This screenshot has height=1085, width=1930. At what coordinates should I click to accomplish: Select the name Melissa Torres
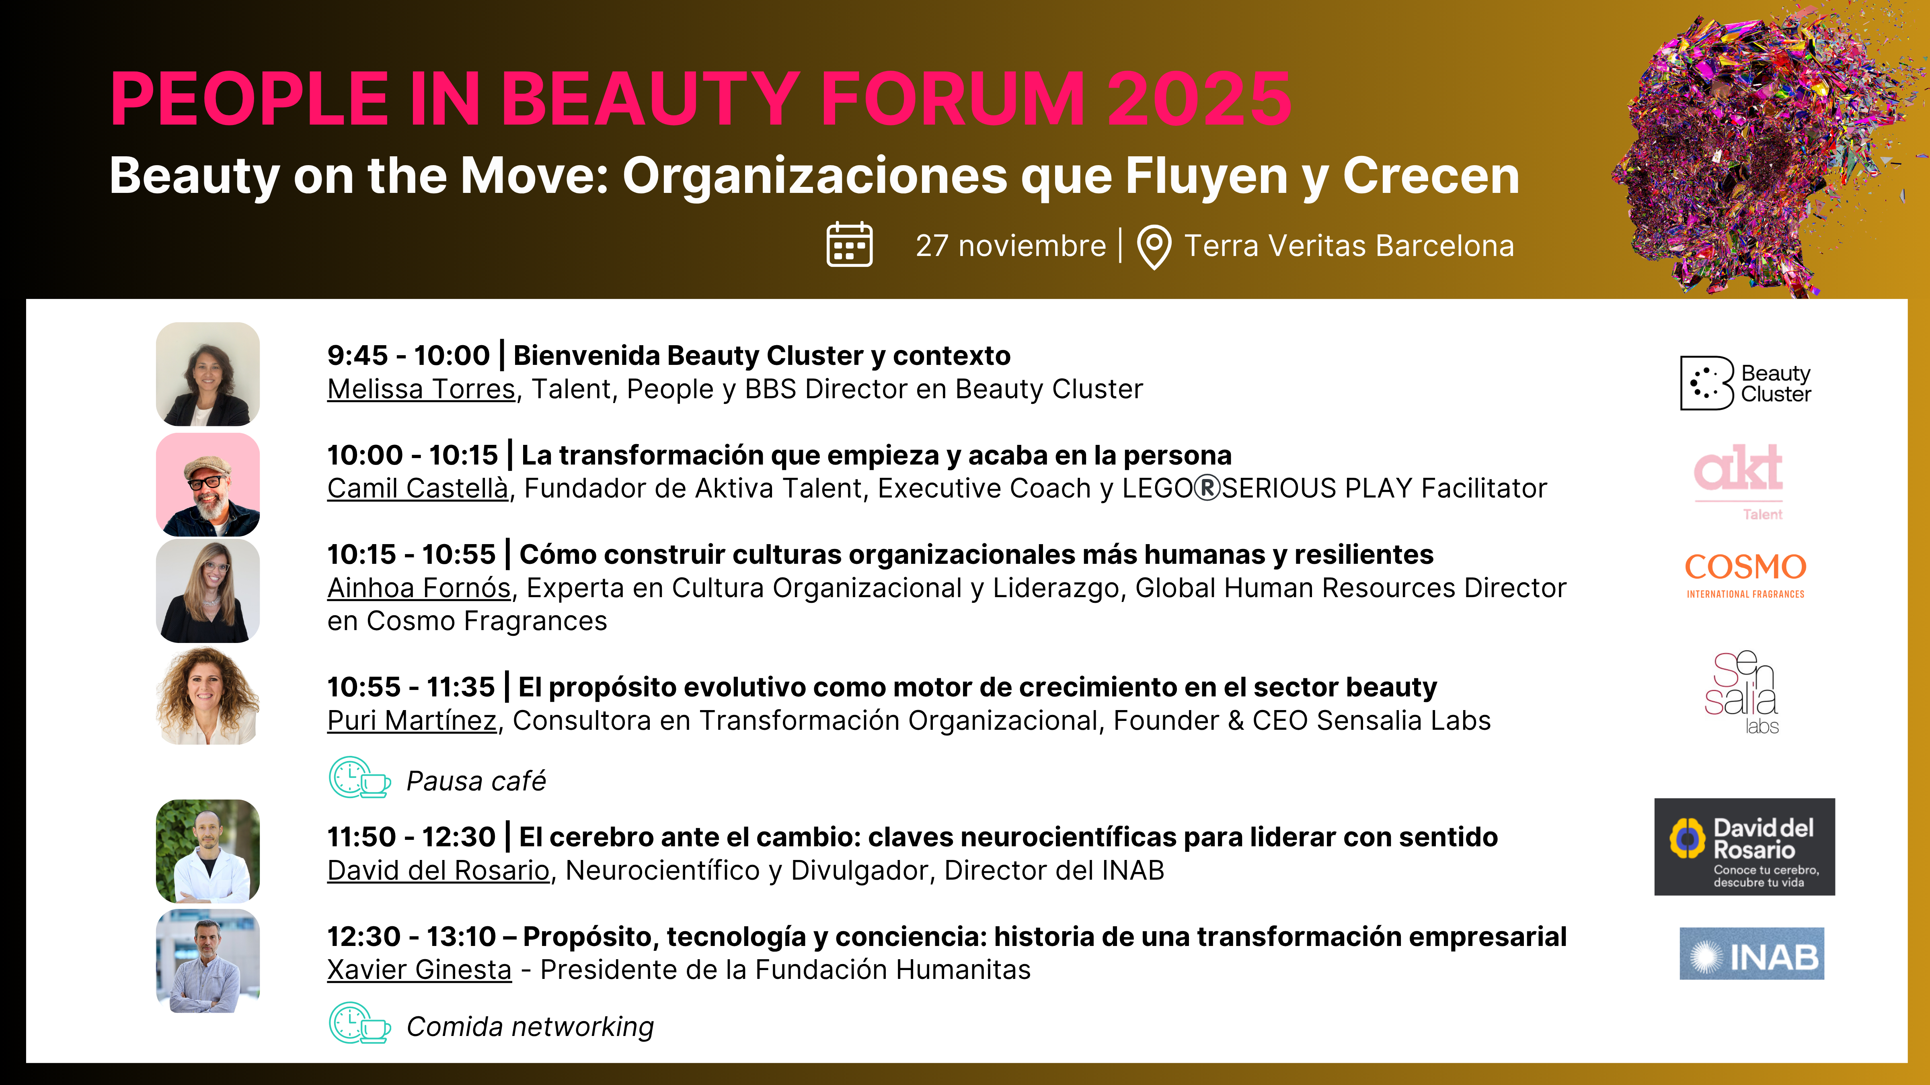pos(421,389)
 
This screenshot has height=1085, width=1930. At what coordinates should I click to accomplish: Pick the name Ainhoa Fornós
pos(419,588)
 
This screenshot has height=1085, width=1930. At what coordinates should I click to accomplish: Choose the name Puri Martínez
pos(412,721)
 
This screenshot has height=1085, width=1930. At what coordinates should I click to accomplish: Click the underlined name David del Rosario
pos(438,870)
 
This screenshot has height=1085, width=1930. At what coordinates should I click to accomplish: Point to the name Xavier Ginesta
pos(419,970)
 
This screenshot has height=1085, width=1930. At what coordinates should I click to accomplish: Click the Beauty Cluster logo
pos(1745,383)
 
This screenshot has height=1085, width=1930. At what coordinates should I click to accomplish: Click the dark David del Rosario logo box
pos(1744,847)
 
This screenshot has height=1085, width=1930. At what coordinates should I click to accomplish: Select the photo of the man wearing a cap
pos(207,485)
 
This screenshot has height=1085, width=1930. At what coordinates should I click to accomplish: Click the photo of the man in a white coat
pos(207,851)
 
